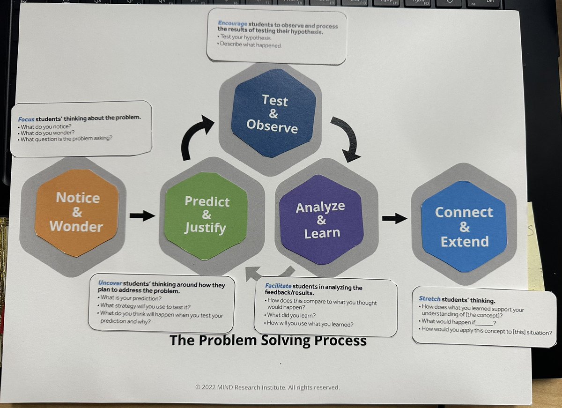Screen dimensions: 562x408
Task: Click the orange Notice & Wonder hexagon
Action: click(x=76, y=212)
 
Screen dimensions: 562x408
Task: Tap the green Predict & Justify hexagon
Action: click(x=207, y=215)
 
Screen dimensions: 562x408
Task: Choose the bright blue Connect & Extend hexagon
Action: click(x=464, y=227)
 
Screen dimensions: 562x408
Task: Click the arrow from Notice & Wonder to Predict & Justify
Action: click(x=142, y=215)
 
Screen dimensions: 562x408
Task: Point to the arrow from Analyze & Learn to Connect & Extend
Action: click(x=394, y=217)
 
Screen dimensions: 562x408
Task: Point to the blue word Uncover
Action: click(x=110, y=284)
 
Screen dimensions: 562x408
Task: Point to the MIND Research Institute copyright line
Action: click(x=267, y=387)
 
